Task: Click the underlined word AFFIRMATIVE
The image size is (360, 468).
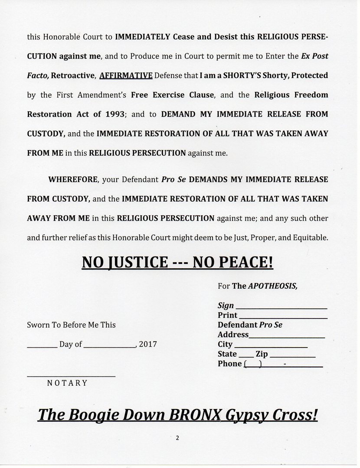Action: point(126,76)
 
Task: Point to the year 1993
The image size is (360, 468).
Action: point(115,114)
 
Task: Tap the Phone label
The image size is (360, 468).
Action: point(229,364)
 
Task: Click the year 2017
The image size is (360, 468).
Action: point(148,345)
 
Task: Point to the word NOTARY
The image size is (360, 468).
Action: point(67,383)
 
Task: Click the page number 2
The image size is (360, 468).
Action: point(177,438)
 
